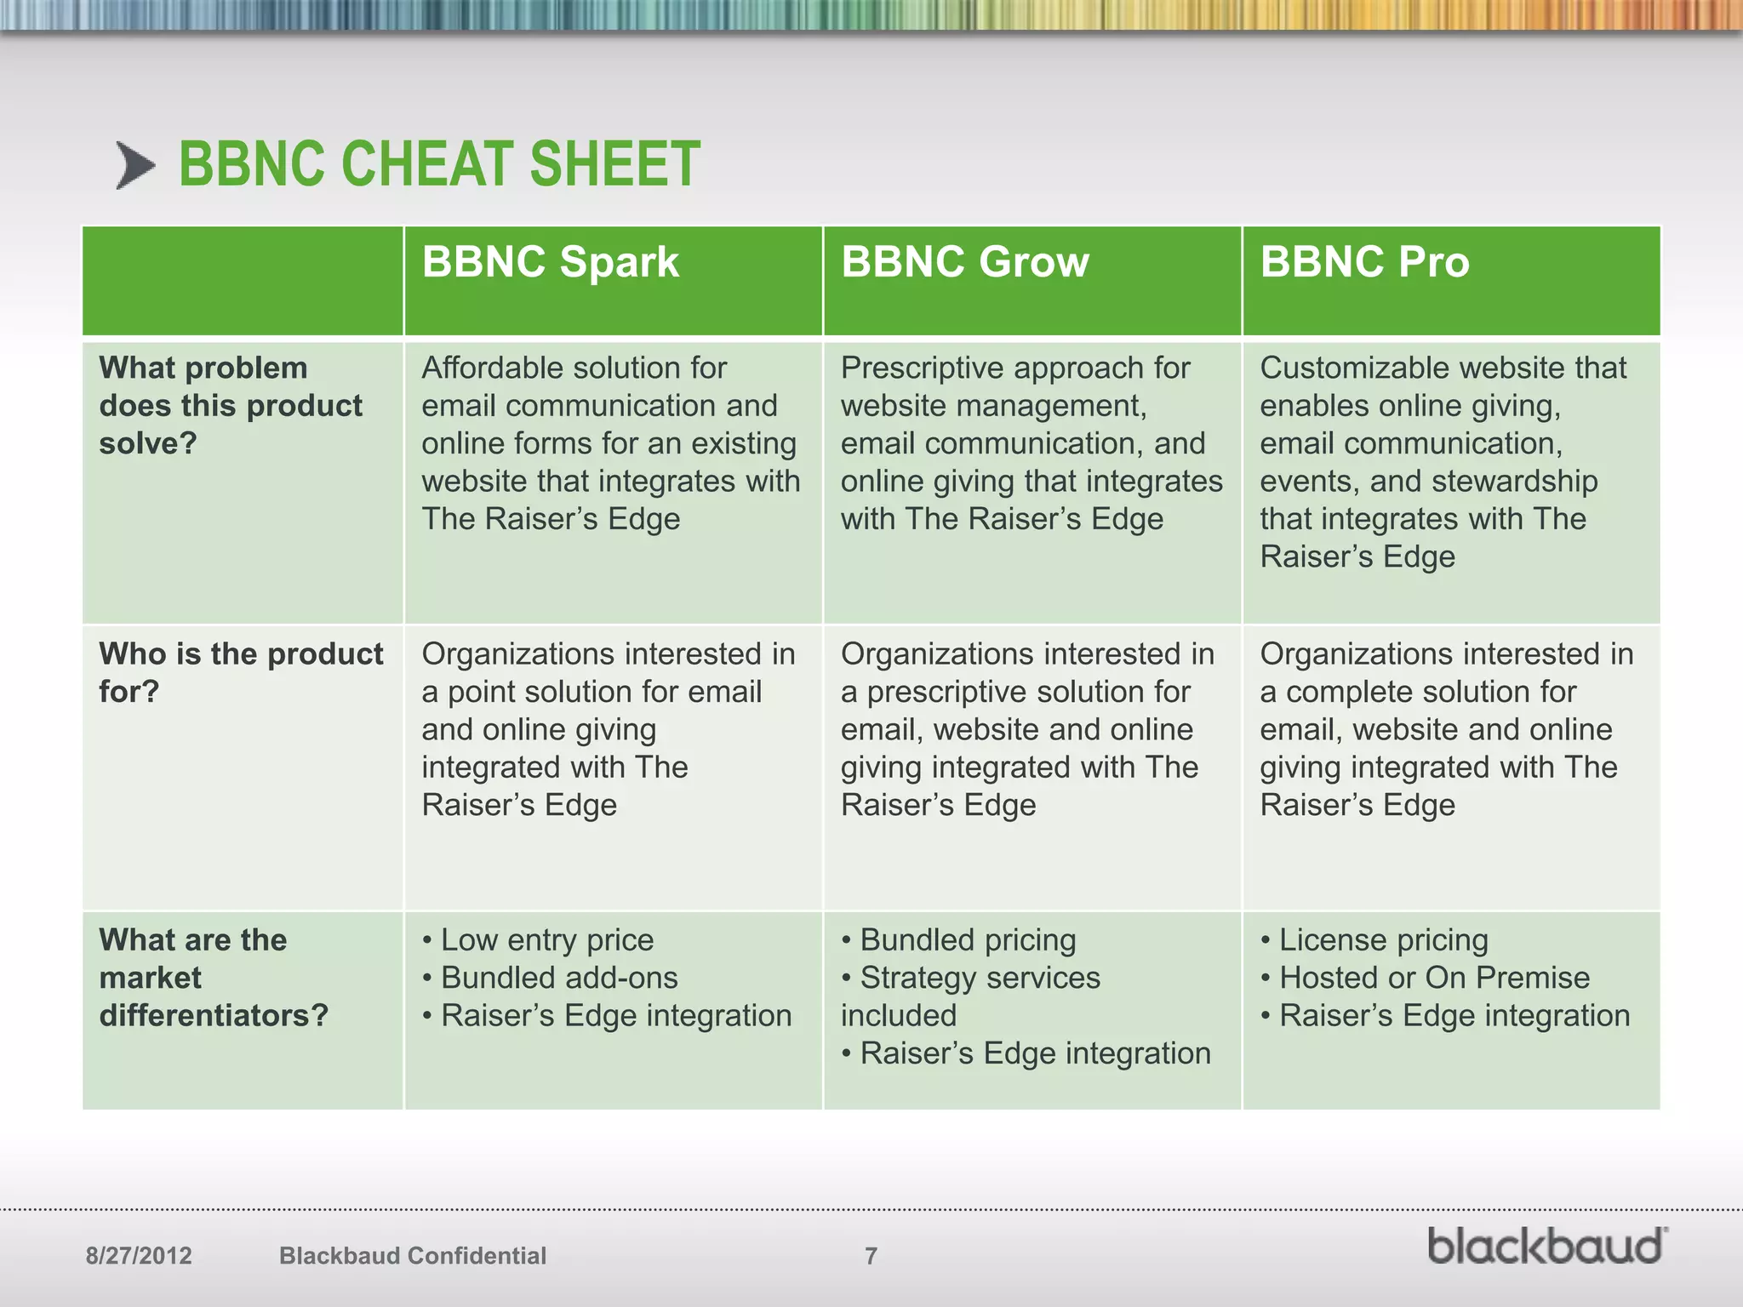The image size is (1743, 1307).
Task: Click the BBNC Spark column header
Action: (550, 262)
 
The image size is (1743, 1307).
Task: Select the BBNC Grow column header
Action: (964, 262)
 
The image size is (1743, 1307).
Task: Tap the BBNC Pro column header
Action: (1364, 262)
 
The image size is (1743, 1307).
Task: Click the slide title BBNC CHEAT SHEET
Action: (439, 164)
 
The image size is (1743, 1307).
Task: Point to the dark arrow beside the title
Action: (136, 165)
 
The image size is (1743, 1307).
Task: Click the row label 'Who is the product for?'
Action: (241, 672)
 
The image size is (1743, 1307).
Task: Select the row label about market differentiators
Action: (213, 978)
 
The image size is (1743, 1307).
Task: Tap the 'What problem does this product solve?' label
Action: (230, 405)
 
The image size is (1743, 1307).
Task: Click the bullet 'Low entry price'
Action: (546, 940)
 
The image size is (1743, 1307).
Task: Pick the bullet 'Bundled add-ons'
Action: (558, 978)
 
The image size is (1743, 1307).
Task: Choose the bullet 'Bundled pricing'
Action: (968, 940)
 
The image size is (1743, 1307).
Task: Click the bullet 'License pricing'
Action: (1383, 940)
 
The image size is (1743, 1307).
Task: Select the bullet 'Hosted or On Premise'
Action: (1434, 978)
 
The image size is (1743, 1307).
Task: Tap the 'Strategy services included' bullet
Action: (979, 996)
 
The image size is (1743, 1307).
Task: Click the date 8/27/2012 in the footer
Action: (139, 1256)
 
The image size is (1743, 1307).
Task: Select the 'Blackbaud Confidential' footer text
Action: (413, 1256)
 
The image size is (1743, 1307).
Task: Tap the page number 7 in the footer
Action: (871, 1256)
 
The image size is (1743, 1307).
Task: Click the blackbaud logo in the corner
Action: (1546, 1247)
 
